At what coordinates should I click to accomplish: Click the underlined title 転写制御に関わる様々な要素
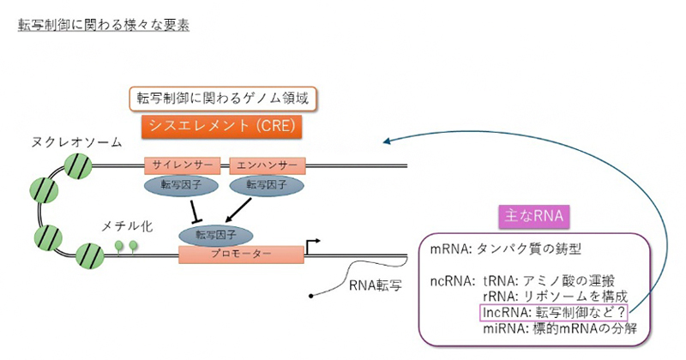pyautogui.click(x=104, y=25)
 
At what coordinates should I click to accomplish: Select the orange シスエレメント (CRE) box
pyautogui.click(x=222, y=126)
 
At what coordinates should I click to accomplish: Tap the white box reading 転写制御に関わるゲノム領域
pyautogui.click(x=223, y=98)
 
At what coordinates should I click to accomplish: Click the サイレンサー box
pyautogui.click(x=183, y=165)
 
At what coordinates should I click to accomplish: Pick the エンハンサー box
pyautogui.click(x=268, y=165)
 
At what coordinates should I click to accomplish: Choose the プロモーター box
pyautogui.click(x=241, y=255)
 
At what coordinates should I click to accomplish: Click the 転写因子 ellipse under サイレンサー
pyautogui.click(x=181, y=185)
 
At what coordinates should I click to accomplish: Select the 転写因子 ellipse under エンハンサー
pyautogui.click(x=267, y=185)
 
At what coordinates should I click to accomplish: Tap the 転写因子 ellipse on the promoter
pyautogui.click(x=216, y=236)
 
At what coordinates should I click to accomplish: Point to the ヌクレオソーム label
pyautogui.click(x=76, y=142)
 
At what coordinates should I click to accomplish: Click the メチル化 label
pyautogui.click(x=127, y=226)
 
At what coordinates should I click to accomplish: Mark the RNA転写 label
pyautogui.click(x=376, y=285)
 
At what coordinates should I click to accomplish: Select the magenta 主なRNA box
pyautogui.click(x=534, y=216)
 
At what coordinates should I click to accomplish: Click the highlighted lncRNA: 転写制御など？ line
pyautogui.click(x=554, y=313)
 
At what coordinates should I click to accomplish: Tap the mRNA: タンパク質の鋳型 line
pyautogui.click(x=506, y=249)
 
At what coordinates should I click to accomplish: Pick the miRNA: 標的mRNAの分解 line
pyautogui.click(x=560, y=328)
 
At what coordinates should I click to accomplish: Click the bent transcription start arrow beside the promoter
pyautogui.click(x=312, y=246)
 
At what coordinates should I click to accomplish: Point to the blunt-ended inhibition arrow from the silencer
pyautogui.click(x=195, y=211)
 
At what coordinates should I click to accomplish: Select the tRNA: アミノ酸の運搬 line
pyautogui.click(x=549, y=281)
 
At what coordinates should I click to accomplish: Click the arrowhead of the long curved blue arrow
pyautogui.click(x=387, y=141)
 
